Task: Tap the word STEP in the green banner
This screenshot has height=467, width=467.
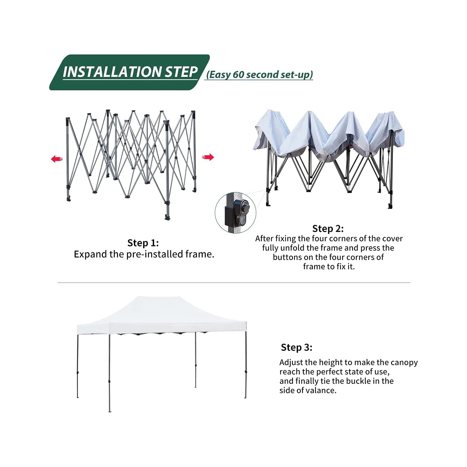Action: (x=181, y=72)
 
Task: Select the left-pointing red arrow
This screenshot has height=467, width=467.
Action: (x=57, y=159)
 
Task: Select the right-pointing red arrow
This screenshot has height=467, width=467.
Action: (x=208, y=157)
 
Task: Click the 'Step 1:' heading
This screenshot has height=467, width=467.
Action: (x=143, y=243)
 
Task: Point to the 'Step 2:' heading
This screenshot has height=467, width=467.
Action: (x=328, y=229)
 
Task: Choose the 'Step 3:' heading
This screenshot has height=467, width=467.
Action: (x=296, y=347)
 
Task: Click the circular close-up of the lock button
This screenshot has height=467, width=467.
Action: (x=235, y=213)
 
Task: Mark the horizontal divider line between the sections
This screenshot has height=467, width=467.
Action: (x=234, y=283)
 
